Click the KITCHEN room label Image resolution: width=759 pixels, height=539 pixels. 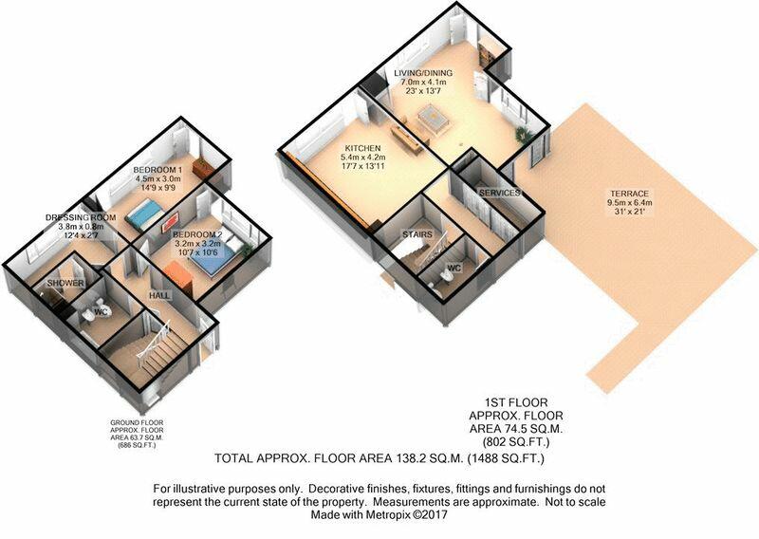tap(362, 148)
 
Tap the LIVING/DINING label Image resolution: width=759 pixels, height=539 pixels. tap(423, 73)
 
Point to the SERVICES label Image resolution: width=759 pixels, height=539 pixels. tap(500, 193)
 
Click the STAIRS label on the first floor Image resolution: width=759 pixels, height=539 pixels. tap(417, 235)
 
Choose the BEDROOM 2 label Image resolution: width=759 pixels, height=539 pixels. tap(197, 235)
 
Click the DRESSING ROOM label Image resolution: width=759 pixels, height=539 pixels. tap(81, 218)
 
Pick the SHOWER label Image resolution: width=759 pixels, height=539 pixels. tap(65, 284)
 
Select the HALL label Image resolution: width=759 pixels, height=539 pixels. tap(159, 295)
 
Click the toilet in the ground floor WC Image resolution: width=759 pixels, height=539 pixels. tap(88, 316)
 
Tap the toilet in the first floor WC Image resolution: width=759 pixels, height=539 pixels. tap(448, 275)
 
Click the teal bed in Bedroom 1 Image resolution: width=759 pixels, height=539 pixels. tap(144, 215)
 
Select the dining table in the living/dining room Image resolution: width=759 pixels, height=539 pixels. tap(434, 119)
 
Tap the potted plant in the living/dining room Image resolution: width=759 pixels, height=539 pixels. tap(523, 134)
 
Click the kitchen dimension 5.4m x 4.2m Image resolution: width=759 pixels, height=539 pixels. tap(363, 158)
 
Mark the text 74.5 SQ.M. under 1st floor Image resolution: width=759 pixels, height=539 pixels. tap(516, 429)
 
